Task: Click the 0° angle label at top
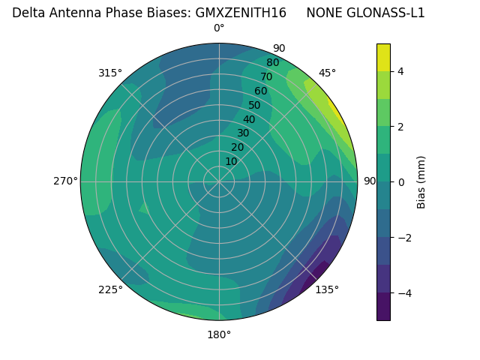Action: coord(219,28)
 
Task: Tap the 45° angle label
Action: coord(327,73)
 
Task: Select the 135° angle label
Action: coord(327,289)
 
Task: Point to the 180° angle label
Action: coord(219,334)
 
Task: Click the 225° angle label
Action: coord(110,289)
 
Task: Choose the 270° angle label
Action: coord(65,181)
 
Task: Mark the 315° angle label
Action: coord(110,73)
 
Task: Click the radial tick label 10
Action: coord(231,161)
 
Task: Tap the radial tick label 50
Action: coord(254,106)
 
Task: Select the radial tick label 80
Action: coord(272,62)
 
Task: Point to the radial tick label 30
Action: coord(243,133)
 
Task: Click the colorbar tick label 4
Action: coord(400,71)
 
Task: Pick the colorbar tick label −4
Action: coord(403,293)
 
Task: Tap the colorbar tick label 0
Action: coord(400,182)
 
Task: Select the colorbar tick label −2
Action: coord(403,238)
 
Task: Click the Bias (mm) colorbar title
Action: coord(421,181)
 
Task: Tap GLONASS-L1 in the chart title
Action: coord(385,13)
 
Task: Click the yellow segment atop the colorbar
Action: coord(383,57)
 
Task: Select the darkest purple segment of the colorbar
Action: coord(383,307)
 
